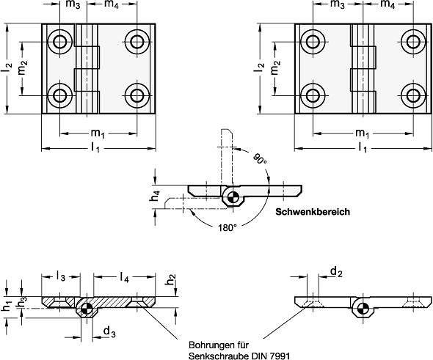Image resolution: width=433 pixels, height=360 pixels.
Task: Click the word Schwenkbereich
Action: [313, 212]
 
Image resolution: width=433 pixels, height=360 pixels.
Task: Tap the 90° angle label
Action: [260, 159]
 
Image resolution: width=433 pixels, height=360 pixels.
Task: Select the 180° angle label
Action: [228, 228]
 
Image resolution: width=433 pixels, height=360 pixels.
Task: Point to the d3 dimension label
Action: [109, 332]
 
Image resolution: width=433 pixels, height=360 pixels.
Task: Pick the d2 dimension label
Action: [336, 272]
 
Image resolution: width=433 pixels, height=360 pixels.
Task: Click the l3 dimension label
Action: [61, 276]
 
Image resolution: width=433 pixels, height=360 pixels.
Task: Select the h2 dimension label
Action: [171, 279]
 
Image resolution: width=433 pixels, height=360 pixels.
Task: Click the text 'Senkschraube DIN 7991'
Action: [239, 356]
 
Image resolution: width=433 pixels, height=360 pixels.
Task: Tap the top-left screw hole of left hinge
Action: [59, 42]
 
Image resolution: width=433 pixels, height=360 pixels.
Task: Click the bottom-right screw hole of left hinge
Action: [137, 96]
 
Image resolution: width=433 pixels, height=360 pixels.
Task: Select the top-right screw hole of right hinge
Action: [413, 42]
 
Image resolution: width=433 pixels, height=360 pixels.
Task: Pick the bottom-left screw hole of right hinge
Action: [313, 96]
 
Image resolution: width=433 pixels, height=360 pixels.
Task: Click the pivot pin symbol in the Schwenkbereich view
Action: [232, 197]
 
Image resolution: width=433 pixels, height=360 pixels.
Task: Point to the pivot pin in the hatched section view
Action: [86, 309]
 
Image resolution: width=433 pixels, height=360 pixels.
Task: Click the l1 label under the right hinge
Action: [363, 147]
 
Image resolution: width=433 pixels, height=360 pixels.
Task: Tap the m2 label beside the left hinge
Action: [23, 67]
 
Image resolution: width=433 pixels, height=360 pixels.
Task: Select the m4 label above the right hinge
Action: [387, 4]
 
